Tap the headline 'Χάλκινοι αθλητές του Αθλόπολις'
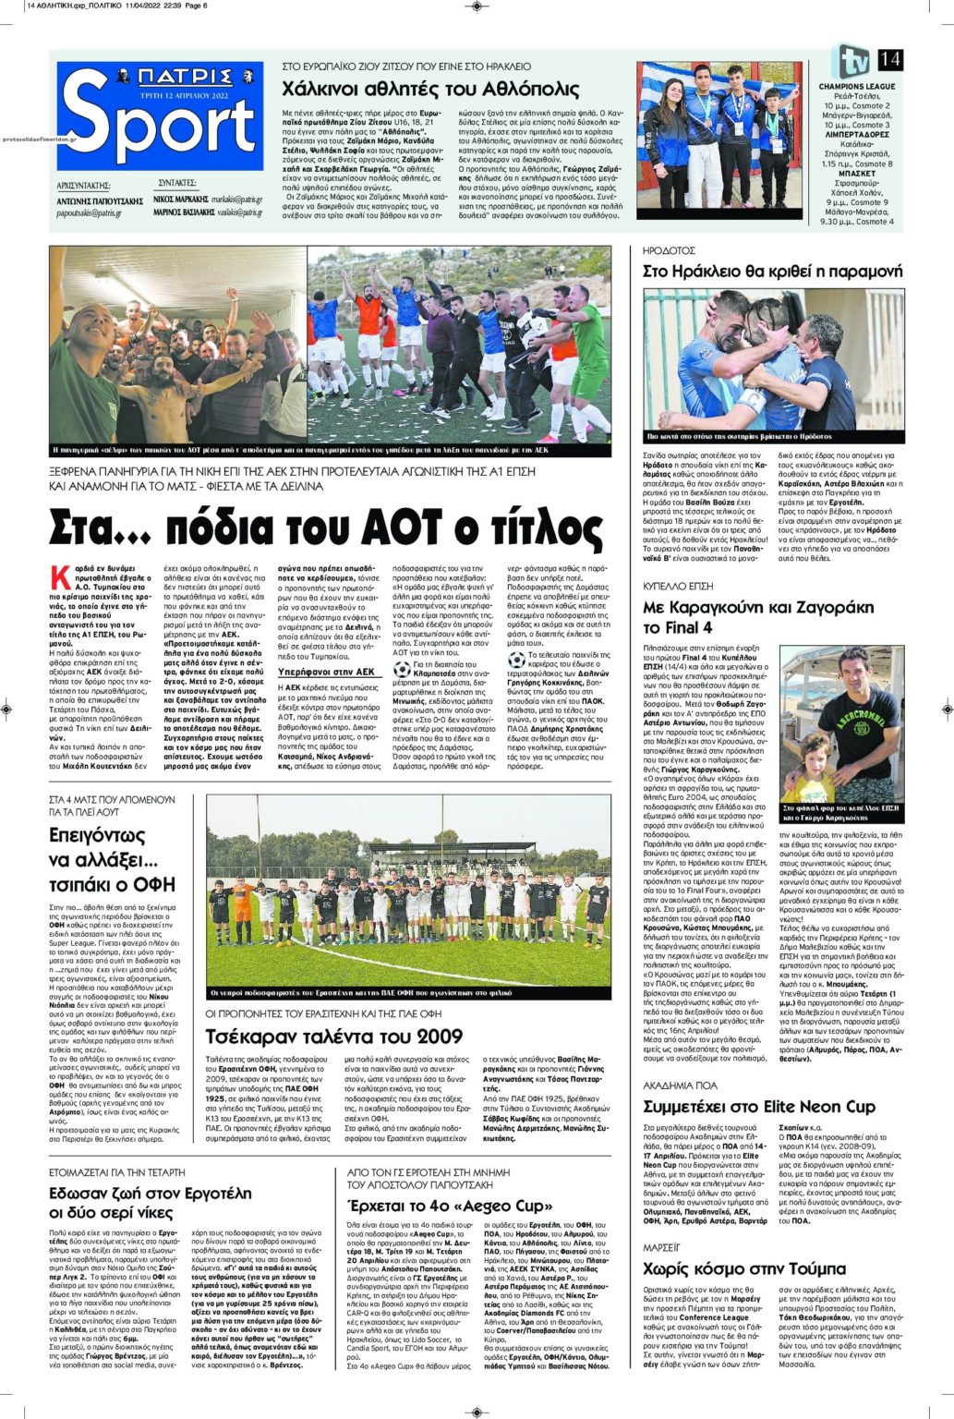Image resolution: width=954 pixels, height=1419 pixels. tap(430, 90)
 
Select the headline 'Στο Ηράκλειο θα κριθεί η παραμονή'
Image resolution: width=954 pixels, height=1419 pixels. tap(772, 271)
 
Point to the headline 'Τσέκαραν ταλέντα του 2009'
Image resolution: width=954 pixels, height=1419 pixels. tap(332, 1037)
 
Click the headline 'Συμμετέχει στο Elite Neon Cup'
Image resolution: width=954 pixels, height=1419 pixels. tap(758, 1106)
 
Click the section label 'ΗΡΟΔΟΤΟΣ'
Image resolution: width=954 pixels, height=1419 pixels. tap(669, 250)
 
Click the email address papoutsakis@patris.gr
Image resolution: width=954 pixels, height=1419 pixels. tap(86, 212)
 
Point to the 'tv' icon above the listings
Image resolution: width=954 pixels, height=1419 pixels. tap(848, 61)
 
